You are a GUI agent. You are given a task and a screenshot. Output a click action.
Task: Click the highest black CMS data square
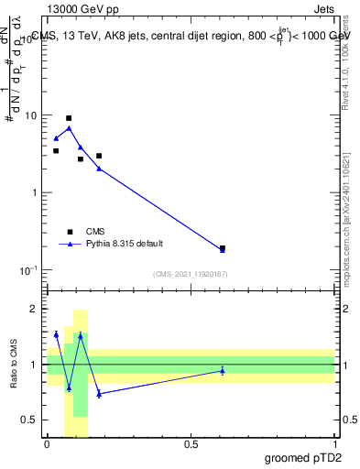pos(69,118)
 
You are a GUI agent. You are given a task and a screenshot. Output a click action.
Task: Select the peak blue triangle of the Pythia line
pos(69,128)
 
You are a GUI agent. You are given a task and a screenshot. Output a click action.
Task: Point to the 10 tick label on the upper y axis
pos(30,115)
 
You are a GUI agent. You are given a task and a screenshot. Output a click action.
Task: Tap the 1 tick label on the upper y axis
pos(34,193)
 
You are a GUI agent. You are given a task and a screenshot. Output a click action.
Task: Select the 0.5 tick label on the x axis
pos(191,445)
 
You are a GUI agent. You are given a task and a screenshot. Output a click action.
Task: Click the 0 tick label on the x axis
pos(47,445)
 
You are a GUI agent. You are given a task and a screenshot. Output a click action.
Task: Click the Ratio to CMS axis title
pos(14,365)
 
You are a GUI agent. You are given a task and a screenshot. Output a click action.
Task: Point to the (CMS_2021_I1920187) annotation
pos(190,274)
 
